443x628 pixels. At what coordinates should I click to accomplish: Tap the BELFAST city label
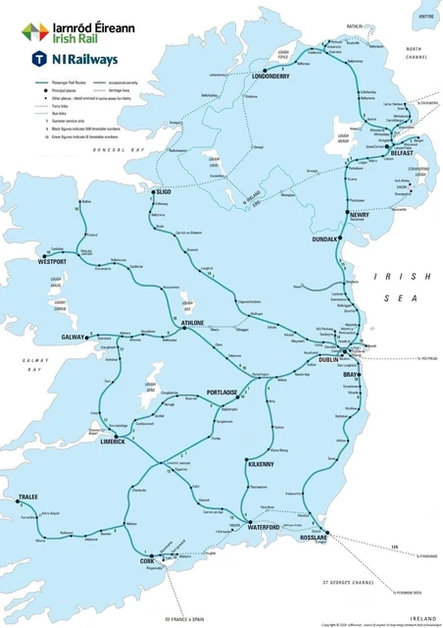[402, 154]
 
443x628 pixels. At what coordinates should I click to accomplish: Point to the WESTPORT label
[53, 263]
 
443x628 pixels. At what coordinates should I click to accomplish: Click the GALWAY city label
[74, 337]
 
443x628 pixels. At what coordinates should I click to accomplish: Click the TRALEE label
[27, 498]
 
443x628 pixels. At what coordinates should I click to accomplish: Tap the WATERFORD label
[264, 528]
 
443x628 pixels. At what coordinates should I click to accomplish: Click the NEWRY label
[360, 214]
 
